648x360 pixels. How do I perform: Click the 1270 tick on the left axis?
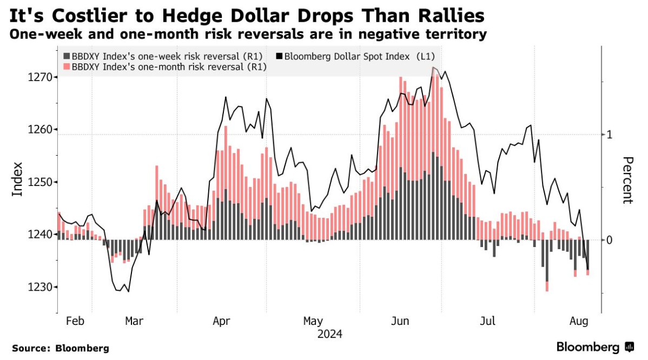tap(39, 77)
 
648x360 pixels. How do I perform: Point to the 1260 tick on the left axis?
tap(39, 130)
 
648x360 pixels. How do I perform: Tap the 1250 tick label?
tap(39, 182)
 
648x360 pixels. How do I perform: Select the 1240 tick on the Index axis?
tap(39, 235)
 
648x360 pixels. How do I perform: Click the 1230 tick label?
tap(39, 287)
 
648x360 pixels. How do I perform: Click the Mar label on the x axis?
tap(134, 321)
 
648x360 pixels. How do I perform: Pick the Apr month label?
tap(222, 321)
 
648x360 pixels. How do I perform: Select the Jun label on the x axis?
tap(400, 321)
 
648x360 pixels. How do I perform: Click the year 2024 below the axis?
tap(329, 334)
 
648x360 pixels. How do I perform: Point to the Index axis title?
tap(17, 179)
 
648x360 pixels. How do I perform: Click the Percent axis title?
tap(628, 180)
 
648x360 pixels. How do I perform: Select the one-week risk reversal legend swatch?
tap(67, 56)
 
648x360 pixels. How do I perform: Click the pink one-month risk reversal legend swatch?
tap(67, 66)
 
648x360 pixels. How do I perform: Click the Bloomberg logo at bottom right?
tap(595, 346)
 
